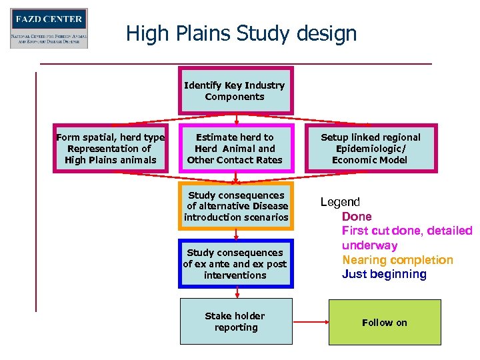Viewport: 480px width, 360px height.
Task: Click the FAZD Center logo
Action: point(49,28)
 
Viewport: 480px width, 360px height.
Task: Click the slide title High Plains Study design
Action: point(241,33)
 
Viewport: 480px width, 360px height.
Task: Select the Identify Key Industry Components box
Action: point(235,91)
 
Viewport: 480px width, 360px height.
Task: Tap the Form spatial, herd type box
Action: point(111,149)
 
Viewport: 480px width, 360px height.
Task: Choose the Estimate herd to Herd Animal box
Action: point(235,149)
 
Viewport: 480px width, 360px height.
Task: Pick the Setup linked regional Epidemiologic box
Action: point(370,149)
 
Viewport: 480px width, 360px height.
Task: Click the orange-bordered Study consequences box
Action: point(236,206)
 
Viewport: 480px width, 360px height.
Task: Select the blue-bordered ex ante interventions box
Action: point(236,263)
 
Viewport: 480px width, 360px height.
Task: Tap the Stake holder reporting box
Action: point(235,321)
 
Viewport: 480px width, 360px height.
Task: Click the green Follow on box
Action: point(385,323)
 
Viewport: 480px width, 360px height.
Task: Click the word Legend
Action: point(340,202)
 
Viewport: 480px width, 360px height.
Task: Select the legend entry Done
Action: point(357,217)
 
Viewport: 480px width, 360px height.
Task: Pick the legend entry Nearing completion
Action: point(397,260)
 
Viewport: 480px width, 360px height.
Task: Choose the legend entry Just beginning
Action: point(384,274)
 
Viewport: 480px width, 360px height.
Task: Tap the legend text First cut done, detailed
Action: point(407,231)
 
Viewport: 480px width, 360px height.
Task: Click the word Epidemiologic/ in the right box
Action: point(370,149)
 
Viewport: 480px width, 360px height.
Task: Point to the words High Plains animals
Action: point(111,160)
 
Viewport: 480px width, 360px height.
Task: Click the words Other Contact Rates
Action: point(235,160)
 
